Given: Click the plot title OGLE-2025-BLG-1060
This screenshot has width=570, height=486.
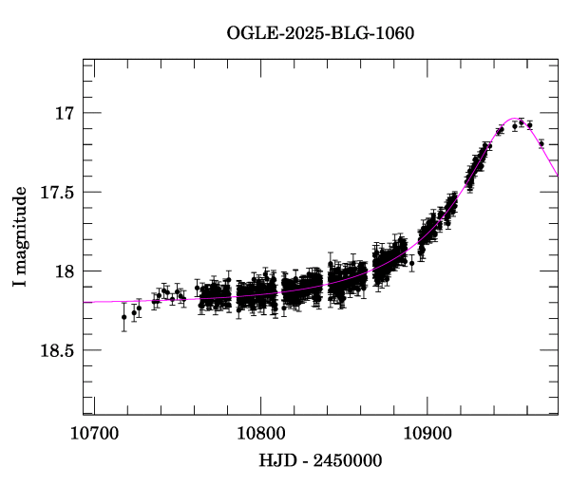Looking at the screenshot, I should tap(320, 31).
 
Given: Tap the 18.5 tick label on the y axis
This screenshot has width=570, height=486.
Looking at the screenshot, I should tap(58, 350).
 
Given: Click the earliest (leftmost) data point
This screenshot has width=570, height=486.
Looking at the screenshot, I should tap(123, 317).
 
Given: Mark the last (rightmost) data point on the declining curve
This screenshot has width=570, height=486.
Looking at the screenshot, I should tap(541, 144).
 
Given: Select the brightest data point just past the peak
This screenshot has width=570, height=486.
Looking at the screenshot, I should tap(521, 122).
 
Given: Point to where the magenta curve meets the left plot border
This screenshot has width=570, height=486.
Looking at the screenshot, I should tap(84, 302).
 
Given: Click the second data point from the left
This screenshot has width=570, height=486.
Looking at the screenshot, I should tap(134, 312).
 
